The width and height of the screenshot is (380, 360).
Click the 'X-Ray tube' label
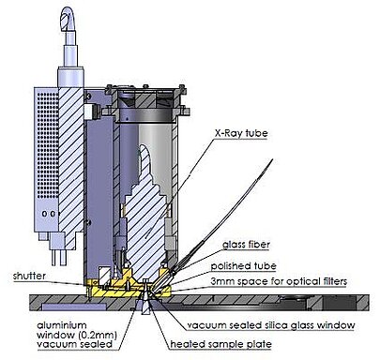click(241, 133)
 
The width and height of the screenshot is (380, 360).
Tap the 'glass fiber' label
click(246, 244)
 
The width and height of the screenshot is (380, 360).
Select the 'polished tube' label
click(243, 266)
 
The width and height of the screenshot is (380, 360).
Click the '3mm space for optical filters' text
click(279, 281)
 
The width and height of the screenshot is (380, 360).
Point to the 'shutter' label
click(29, 276)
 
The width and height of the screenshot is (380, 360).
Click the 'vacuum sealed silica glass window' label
click(271, 325)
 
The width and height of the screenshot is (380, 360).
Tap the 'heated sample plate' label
click(220, 344)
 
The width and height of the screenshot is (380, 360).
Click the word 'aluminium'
click(62, 325)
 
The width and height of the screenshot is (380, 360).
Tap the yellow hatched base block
click(129, 288)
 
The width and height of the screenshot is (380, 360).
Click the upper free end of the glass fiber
click(272, 160)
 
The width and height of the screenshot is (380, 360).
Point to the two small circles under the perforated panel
click(50, 214)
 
